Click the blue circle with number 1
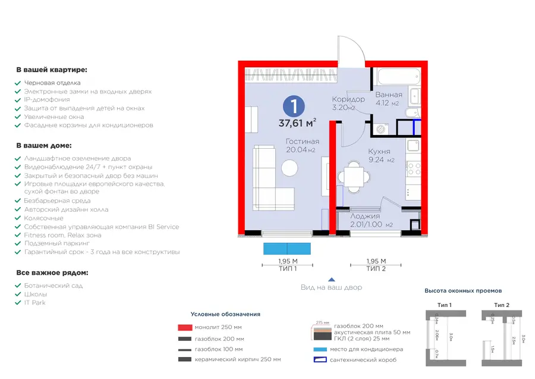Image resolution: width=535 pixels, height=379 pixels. point(295,107)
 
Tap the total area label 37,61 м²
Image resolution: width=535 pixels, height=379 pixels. point(297,124)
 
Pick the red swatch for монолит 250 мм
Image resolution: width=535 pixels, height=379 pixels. point(185,327)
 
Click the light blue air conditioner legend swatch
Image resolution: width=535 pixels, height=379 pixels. point(320,349)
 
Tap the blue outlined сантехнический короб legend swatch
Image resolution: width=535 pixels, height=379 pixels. point(320,360)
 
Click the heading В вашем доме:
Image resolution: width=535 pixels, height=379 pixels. point(44,145)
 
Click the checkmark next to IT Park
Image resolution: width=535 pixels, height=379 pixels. point(18,303)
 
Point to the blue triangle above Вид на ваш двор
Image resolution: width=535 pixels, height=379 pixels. point(332,278)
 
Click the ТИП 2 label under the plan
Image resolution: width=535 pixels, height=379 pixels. point(376,269)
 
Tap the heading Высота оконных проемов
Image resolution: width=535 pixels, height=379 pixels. point(463,291)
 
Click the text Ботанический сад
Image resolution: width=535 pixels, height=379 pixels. point(53,286)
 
